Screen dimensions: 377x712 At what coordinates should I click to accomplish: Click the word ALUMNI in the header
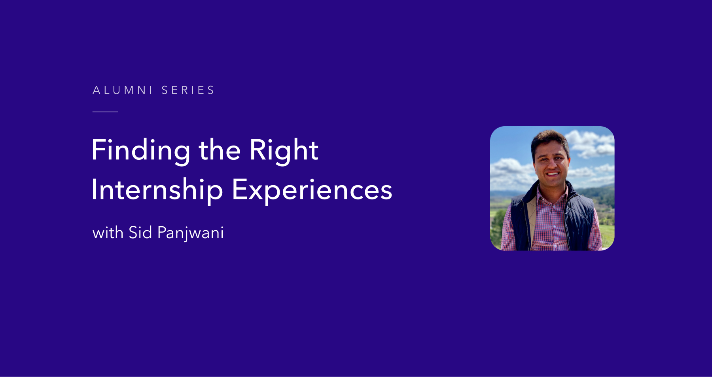point(122,90)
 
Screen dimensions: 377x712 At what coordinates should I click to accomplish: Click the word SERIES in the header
point(188,90)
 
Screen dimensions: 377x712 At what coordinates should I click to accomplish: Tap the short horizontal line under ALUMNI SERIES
point(105,112)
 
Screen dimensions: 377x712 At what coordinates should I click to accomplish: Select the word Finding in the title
point(141,151)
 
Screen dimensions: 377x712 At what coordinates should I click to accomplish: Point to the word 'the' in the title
point(220,151)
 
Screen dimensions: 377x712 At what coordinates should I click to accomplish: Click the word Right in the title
point(284,151)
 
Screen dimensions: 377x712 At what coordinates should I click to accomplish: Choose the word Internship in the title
point(157,190)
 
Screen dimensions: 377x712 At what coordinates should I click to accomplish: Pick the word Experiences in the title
point(312,190)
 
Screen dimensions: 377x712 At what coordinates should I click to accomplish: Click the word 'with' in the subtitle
point(108,233)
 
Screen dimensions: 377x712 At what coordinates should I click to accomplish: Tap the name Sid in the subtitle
point(140,233)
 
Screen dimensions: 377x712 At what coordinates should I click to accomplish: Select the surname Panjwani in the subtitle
point(190,233)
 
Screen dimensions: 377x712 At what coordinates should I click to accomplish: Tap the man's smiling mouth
point(553,174)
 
